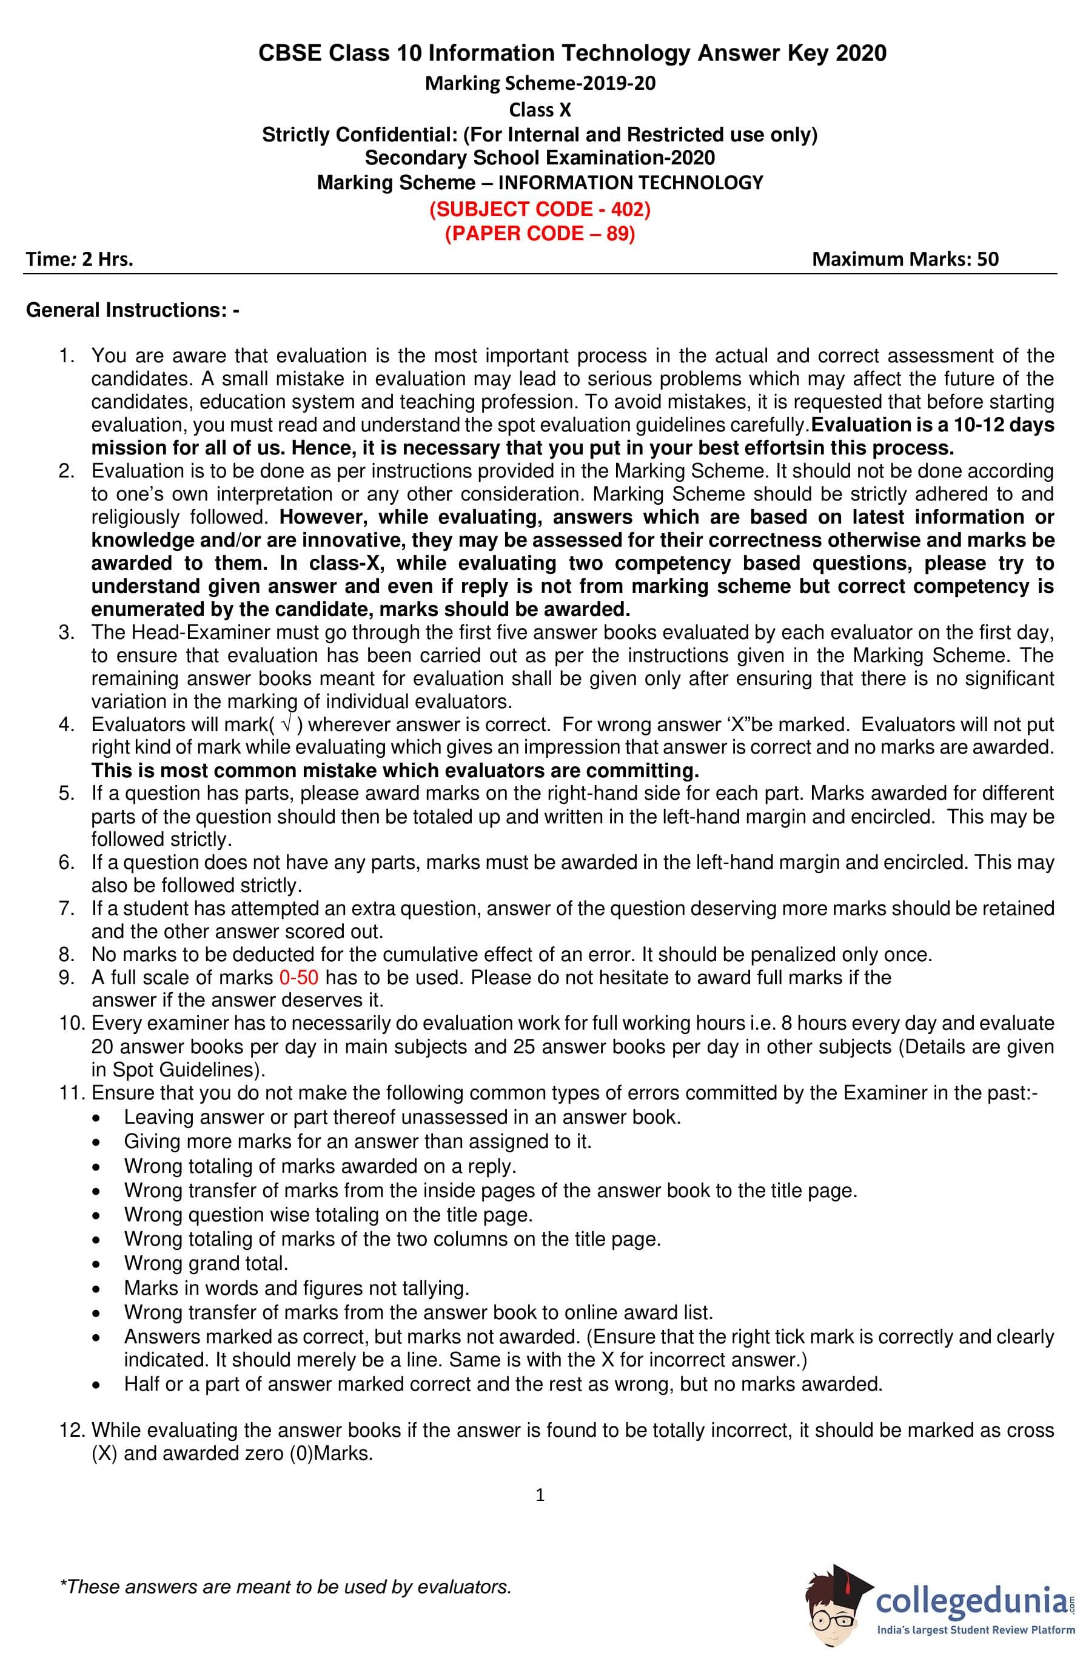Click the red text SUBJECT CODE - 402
(540, 209)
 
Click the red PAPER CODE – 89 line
(540, 234)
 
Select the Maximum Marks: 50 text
(905, 259)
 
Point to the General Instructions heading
(133, 310)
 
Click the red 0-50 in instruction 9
(299, 978)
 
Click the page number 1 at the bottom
(540, 1494)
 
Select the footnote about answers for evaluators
(286, 1587)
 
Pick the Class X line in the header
(540, 110)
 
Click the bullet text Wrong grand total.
(206, 1263)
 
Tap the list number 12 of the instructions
(72, 1430)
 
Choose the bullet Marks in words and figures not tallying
(297, 1288)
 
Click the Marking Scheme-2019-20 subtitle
(540, 83)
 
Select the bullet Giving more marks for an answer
(358, 1141)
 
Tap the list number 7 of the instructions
(67, 908)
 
